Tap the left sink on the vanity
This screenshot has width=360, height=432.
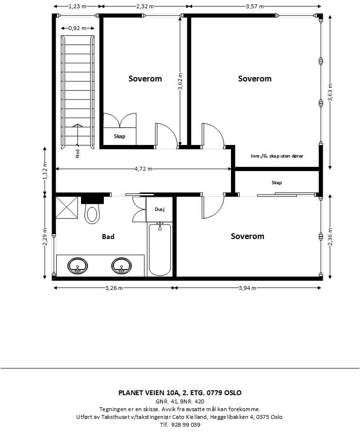point(77,265)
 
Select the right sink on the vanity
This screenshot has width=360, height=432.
point(121,265)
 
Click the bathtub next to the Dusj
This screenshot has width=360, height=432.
point(160,249)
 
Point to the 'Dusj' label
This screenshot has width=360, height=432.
point(160,209)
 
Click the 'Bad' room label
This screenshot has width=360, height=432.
point(108,237)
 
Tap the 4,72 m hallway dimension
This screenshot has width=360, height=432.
point(143,169)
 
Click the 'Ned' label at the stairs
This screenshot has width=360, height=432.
point(78,154)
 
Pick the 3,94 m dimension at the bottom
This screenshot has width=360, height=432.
point(247,288)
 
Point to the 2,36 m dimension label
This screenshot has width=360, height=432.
point(330,237)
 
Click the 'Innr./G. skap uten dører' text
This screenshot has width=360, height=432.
point(277,157)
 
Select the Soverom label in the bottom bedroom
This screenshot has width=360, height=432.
point(247,236)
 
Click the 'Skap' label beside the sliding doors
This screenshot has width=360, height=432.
point(277,183)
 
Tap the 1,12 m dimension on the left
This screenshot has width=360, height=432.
point(45,170)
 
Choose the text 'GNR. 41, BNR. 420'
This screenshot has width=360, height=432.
point(180,401)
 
